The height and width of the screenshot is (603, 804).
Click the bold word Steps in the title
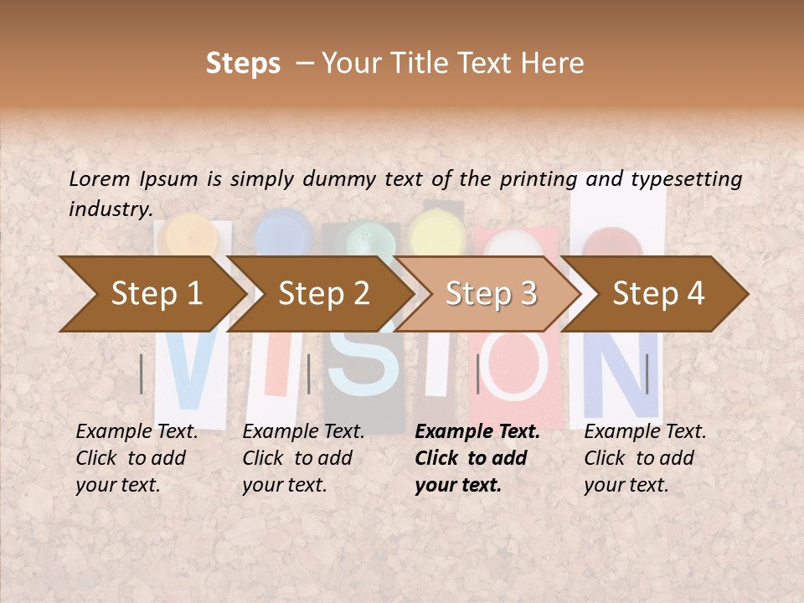[243, 63]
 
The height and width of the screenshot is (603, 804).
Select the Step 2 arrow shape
[323, 294]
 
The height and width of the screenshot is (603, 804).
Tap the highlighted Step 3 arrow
[491, 294]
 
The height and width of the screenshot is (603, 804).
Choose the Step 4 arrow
[658, 294]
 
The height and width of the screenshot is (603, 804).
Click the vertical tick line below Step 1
[142, 374]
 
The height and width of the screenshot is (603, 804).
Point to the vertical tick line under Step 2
[309, 374]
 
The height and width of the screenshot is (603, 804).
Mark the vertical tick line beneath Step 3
[477, 374]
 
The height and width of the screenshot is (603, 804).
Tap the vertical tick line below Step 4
[647, 374]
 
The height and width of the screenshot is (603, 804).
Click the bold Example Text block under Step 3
[477, 458]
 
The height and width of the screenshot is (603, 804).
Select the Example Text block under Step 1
[137, 458]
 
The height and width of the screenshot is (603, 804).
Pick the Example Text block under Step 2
[304, 458]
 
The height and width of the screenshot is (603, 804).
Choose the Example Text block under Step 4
[645, 458]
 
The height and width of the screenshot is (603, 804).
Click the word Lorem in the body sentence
[100, 178]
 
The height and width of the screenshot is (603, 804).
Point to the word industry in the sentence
[110, 209]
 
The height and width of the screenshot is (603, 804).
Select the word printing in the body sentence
[539, 178]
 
